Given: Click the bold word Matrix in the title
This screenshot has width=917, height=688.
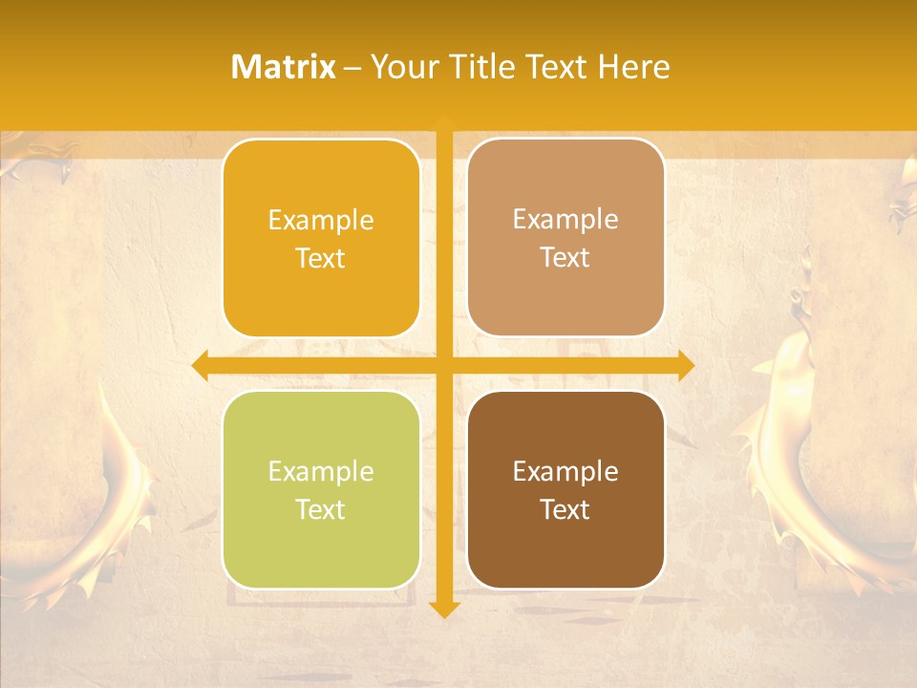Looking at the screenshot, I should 284,67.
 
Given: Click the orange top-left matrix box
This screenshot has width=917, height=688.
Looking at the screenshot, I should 321,239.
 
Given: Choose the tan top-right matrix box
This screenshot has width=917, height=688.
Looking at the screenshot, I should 565,237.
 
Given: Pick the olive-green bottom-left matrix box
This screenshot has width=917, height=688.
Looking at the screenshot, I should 321,489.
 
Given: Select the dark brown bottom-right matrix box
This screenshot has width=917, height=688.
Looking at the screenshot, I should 565,489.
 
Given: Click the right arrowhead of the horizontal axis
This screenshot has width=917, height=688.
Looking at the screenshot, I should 685,364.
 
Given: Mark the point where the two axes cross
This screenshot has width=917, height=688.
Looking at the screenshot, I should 444,364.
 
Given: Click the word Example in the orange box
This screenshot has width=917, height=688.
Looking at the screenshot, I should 321,221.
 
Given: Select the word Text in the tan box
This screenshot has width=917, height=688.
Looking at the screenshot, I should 565,258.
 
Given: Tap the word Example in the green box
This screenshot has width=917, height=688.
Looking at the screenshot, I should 321,471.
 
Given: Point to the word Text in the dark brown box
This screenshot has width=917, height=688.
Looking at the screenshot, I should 565,510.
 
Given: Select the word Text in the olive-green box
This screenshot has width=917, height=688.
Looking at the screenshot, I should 321,510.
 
